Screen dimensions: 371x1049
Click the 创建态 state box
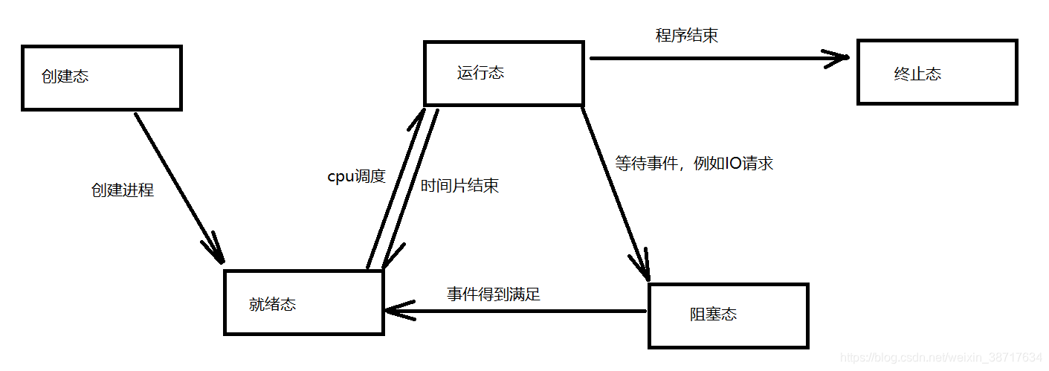(102, 77)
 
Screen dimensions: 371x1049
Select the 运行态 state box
(503, 73)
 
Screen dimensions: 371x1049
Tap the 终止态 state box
(937, 73)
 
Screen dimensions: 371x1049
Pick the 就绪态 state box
(303, 303)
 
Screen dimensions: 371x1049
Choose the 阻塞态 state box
(728, 315)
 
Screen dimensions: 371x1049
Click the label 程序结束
(686, 35)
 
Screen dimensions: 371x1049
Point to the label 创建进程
(122, 190)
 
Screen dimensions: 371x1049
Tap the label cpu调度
(357, 176)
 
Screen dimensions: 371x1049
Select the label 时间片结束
(459, 186)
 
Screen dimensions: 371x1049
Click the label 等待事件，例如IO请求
(694, 164)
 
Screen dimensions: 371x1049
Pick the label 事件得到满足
(493, 294)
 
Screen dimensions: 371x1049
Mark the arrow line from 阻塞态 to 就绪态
(520, 311)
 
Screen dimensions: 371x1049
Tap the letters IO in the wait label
(734, 164)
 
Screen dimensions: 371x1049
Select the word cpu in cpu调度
(340, 178)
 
